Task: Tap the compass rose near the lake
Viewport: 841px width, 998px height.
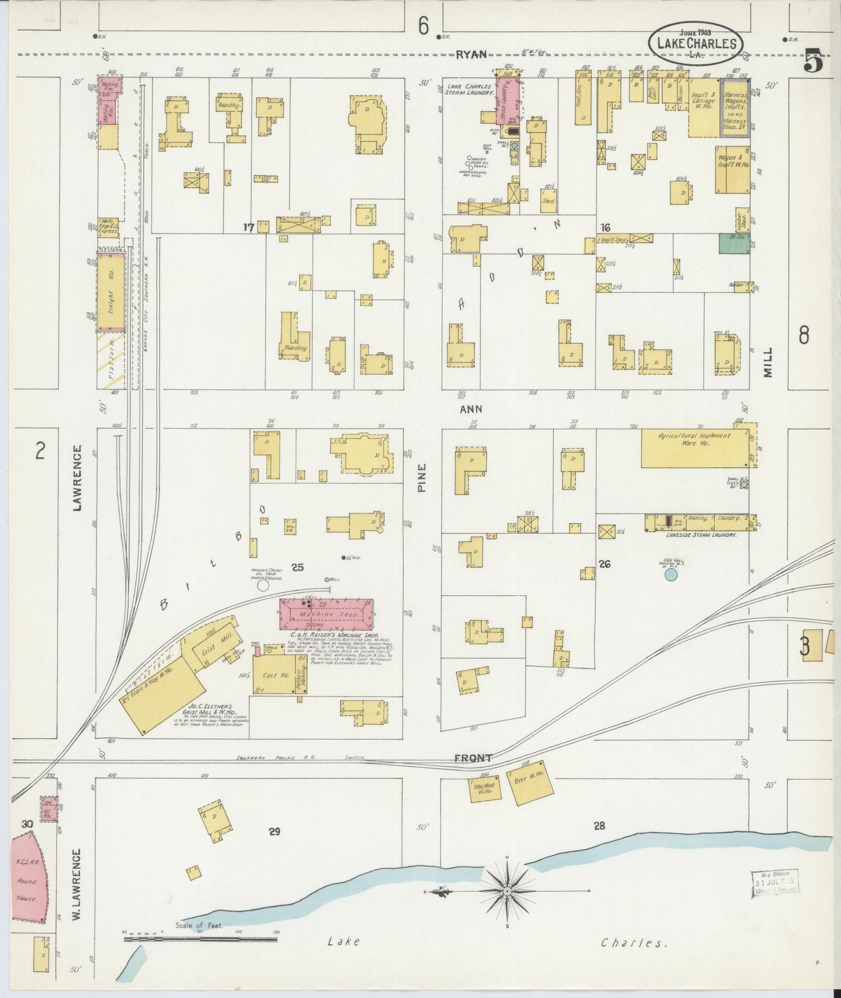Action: [508, 891]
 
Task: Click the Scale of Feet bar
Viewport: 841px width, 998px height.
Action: [200, 939]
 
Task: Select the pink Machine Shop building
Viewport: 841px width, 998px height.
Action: [326, 614]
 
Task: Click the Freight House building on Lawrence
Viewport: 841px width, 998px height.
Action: [111, 292]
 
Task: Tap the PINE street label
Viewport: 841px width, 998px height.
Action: [422, 477]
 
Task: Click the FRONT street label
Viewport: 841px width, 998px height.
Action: [473, 758]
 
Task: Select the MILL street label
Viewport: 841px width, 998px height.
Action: [769, 362]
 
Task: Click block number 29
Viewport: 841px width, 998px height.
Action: [274, 831]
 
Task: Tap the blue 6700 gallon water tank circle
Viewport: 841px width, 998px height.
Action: [670, 575]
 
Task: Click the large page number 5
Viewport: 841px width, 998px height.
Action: [813, 62]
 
